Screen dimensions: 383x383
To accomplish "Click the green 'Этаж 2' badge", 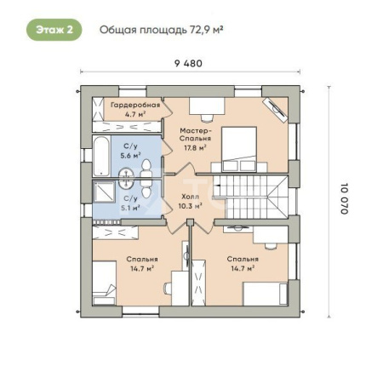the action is point(54,30).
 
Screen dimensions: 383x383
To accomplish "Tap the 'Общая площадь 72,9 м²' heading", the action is point(161,30).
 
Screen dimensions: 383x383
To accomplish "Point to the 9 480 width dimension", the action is point(188,63).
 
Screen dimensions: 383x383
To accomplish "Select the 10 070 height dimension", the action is point(344,198).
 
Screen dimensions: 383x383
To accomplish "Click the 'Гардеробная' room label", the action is point(135,105).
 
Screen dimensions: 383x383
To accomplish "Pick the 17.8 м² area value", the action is point(195,147).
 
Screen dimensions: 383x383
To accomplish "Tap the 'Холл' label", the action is point(190,197).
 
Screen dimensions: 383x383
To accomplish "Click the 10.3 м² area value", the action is point(190,206).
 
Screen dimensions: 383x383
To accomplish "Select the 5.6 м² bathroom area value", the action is point(130,156).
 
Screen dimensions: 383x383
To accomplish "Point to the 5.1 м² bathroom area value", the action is point(130,208).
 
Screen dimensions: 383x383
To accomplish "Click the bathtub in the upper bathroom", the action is point(101,157).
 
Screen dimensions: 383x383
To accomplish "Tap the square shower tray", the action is point(104,191).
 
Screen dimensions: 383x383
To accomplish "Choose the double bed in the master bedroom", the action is point(239,150).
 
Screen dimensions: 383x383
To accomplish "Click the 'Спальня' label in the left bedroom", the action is point(142,260).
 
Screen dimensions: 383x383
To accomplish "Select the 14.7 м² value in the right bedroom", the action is point(243,268).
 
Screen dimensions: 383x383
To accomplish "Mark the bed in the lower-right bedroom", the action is point(266,294).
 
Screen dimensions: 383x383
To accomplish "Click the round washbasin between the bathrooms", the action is point(126,178).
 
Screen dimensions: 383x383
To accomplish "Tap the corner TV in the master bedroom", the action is point(275,110).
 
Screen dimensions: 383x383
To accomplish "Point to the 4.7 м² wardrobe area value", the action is point(135,114).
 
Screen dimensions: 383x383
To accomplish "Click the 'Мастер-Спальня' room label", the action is point(196,134).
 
